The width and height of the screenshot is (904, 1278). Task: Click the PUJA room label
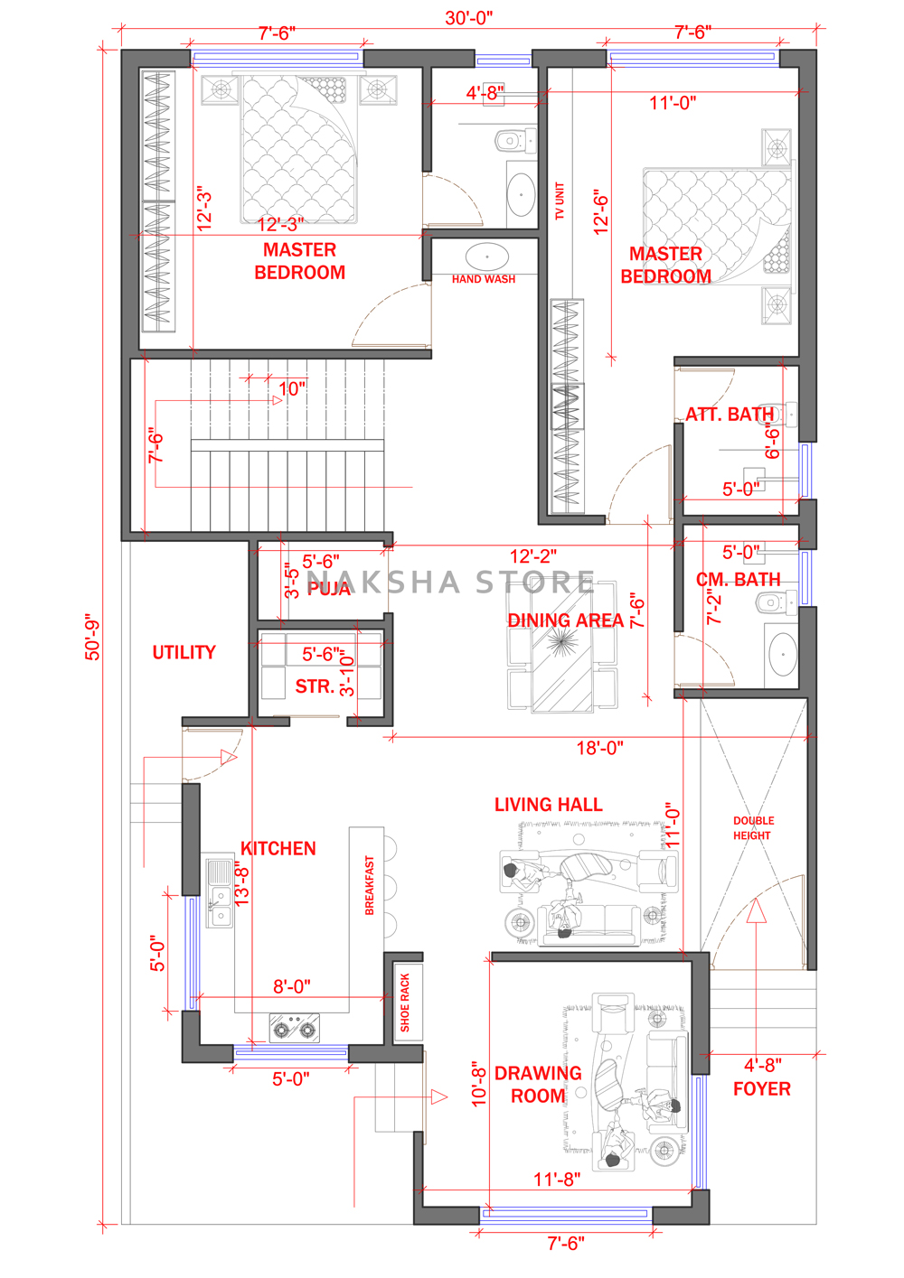[328, 588]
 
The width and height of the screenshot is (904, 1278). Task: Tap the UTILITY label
[184, 652]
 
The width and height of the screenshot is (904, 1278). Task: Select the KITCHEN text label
[278, 848]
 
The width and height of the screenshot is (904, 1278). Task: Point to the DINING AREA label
[565, 620]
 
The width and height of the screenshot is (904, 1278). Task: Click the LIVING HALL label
[548, 805]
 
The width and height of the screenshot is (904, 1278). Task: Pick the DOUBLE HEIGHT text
[753, 828]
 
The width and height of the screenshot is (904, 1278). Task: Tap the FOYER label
[762, 1088]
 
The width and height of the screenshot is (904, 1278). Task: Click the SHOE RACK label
[405, 1003]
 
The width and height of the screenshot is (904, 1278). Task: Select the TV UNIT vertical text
[560, 201]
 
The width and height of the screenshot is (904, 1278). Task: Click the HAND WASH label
[483, 279]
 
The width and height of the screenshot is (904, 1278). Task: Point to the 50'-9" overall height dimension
[92, 638]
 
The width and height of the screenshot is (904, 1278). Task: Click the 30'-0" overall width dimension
[469, 18]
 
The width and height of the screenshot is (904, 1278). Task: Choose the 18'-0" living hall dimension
[599, 748]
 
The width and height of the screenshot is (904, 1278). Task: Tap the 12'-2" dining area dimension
[532, 555]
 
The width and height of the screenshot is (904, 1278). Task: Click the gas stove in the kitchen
[294, 1028]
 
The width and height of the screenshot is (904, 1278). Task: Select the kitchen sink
[220, 893]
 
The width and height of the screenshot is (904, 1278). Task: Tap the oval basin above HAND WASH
[486, 257]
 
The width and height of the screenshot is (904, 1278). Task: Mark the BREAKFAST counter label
[370, 885]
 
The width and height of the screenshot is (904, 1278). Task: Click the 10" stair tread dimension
[292, 389]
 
